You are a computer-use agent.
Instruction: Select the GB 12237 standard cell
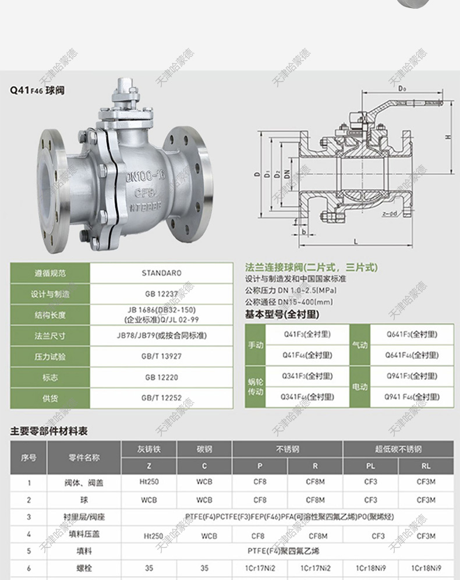(161, 294)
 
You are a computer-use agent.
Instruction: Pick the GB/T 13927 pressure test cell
(161, 356)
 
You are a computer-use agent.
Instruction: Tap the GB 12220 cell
(161, 377)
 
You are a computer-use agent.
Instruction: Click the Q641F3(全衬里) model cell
(412, 334)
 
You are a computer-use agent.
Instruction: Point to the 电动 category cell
(360, 387)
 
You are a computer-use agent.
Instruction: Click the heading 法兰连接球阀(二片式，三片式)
(312, 268)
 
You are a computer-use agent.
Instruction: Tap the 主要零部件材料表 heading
(49, 432)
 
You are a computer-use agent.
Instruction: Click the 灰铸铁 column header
(149, 449)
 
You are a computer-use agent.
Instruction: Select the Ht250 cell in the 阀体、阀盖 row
(149, 482)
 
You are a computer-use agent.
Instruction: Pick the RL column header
(426, 466)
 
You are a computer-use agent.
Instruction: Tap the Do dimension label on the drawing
(402, 90)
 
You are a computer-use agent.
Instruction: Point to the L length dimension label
(355, 240)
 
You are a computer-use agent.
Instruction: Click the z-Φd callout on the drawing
(391, 214)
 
